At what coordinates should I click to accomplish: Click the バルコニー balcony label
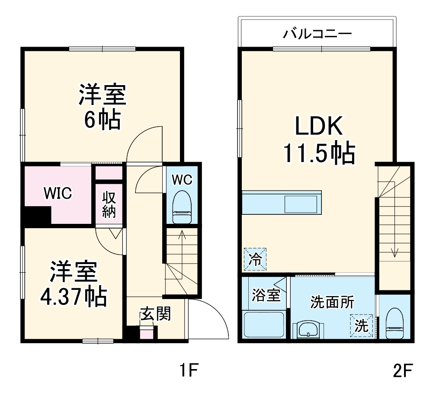point(318,34)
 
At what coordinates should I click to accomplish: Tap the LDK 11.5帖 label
point(319,140)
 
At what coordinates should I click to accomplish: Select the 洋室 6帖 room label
point(102,107)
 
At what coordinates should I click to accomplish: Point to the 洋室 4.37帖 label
point(73,283)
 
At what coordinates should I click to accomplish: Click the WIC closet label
point(57,193)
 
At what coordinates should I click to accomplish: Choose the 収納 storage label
point(109,204)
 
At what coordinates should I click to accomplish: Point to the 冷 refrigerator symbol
point(255,259)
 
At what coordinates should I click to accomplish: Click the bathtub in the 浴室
point(264,326)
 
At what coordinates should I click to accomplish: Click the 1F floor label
point(189,370)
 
